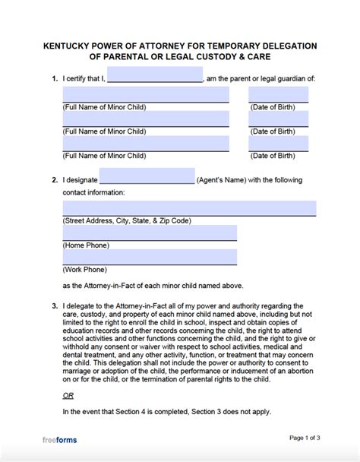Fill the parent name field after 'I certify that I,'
(155, 75)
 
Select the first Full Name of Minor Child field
(145, 95)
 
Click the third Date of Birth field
(278, 144)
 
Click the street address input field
(189, 207)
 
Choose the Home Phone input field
(149, 233)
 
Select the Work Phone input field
(149, 258)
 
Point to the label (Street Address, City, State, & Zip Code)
(126, 220)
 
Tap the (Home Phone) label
(86, 245)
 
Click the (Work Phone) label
(84, 271)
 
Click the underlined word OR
(68, 396)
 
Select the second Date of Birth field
(278, 119)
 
